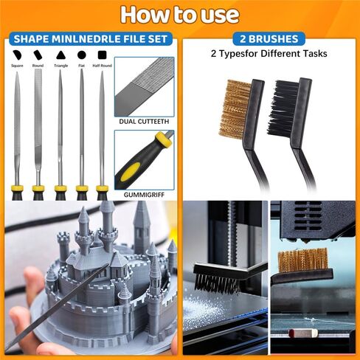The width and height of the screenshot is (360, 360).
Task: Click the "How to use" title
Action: (x=179, y=14)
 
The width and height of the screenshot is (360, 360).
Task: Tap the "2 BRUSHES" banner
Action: (x=269, y=38)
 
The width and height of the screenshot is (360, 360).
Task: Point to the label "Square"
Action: (x=18, y=66)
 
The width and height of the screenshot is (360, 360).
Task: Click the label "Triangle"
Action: (x=60, y=66)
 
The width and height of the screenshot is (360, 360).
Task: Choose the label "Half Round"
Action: (x=102, y=66)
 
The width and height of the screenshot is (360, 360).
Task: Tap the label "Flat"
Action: (x=81, y=66)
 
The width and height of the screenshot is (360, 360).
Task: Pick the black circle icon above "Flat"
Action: (x=81, y=55)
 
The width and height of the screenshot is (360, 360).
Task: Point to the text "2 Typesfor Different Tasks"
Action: (x=269, y=54)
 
